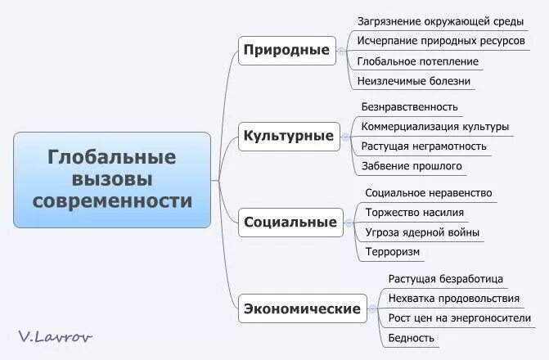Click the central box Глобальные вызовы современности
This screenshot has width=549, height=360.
click(112, 178)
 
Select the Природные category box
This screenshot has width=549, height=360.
click(286, 50)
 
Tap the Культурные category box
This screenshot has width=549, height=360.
click(289, 136)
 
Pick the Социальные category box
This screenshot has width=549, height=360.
click(290, 222)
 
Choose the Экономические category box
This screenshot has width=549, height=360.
click(302, 308)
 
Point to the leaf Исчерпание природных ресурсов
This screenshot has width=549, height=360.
click(441, 40)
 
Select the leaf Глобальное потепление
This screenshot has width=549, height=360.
click(418, 61)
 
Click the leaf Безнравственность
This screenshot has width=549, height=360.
click(409, 106)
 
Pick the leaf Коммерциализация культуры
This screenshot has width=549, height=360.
click(435, 127)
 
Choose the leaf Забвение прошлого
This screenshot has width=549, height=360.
click(412, 166)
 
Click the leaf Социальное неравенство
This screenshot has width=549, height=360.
click(428, 193)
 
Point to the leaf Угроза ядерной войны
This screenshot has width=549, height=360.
click(422, 232)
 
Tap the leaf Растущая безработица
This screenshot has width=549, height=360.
click(445, 279)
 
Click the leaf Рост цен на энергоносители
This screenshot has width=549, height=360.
click(459, 317)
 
